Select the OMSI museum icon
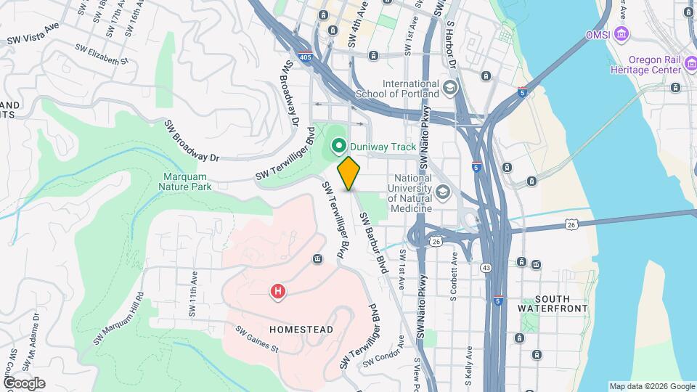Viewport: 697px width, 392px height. pos(620,33)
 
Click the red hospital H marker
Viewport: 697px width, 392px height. pos(277,292)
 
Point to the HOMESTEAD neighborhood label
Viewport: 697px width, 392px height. pos(301,330)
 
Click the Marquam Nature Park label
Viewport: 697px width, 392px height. pos(185,181)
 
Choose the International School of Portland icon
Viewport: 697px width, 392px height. pos(450,89)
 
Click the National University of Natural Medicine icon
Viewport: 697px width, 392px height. pos(443,193)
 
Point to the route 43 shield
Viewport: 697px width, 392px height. pos(486,269)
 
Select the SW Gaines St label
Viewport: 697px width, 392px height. pos(257,339)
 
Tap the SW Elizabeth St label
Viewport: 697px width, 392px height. pos(102,54)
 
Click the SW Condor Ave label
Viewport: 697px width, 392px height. pos(383,356)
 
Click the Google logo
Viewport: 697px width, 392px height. pos(24,383)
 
